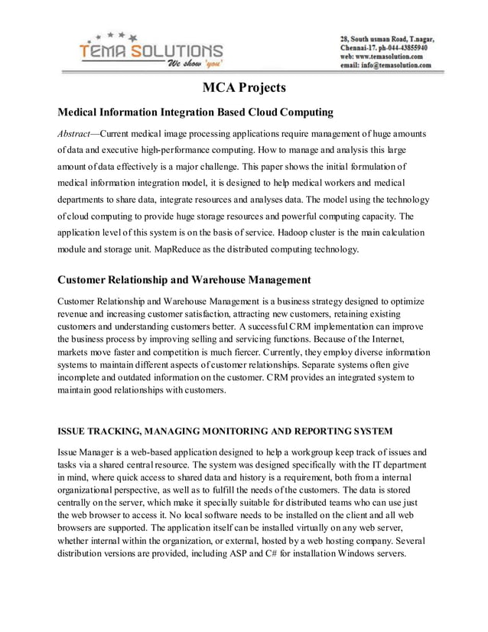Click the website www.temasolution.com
coord(391,56)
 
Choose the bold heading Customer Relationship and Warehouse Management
coord(184,279)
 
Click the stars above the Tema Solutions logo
coord(114,35)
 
